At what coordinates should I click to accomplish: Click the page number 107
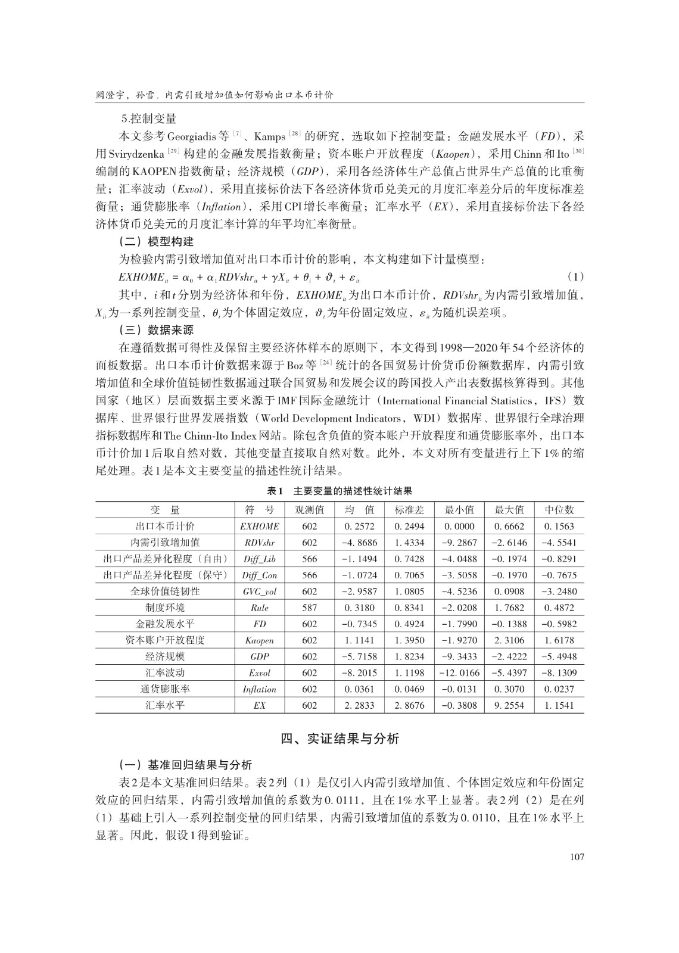tap(576, 857)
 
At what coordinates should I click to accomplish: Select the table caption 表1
tap(275, 491)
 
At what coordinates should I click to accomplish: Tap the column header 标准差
tap(409, 510)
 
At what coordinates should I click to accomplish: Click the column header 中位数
tap(559, 510)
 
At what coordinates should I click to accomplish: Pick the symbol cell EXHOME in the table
tap(259, 527)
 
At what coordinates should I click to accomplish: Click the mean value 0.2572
tap(359, 527)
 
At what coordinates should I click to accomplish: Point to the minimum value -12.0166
tap(459, 673)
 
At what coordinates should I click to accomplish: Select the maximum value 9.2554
tap(509, 705)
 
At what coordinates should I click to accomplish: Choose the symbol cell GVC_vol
tap(259, 591)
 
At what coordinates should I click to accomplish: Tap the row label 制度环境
tap(165, 608)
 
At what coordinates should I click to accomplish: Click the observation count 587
tap(310, 608)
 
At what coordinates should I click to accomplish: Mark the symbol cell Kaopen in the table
tap(259, 640)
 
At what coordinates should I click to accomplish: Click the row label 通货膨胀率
tap(165, 689)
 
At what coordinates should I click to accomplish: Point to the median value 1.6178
tap(559, 640)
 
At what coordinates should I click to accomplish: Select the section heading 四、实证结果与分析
tap(339, 739)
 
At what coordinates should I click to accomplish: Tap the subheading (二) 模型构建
tap(157, 242)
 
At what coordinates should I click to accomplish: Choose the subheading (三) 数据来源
tap(157, 329)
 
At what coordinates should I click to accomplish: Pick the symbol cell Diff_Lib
tap(259, 559)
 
